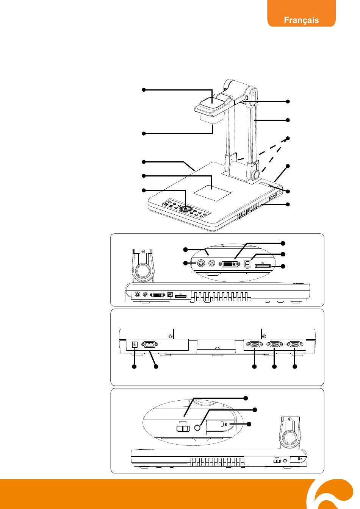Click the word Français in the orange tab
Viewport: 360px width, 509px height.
point(301,20)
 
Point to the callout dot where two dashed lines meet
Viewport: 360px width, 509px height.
point(288,138)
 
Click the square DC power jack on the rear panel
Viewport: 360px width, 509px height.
point(133,344)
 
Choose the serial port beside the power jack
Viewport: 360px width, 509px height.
point(149,345)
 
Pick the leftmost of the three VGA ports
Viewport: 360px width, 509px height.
point(254,345)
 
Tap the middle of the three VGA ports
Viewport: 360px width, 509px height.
point(274,345)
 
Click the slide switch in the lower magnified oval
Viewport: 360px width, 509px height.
point(184,428)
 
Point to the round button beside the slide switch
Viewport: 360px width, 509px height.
point(198,428)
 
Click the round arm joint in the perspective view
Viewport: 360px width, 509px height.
point(255,175)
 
